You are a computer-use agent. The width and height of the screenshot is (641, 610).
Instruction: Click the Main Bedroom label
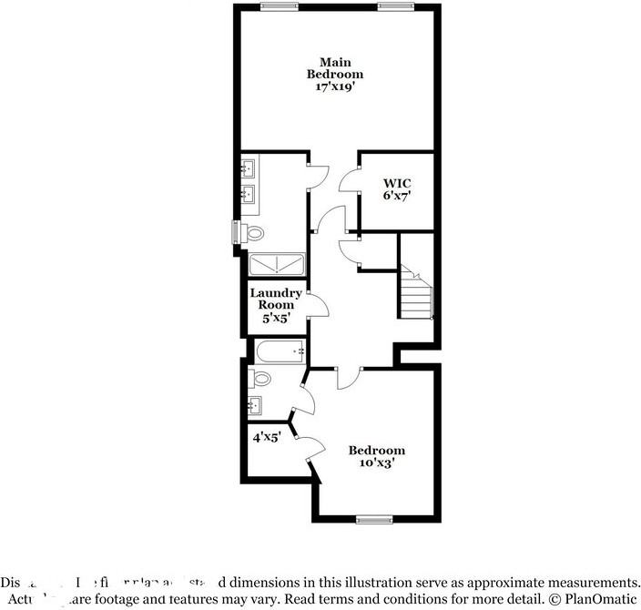[x=334, y=67]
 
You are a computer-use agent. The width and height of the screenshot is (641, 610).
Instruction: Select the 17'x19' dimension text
[x=334, y=87]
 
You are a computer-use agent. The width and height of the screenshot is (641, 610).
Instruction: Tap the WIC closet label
[x=397, y=183]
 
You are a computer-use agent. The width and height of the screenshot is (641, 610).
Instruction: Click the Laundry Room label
[x=276, y=299]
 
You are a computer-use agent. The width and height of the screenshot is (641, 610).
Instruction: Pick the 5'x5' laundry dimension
[x=276, y=320]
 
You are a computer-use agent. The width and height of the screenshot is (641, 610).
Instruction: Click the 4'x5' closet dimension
[x=267, y=437]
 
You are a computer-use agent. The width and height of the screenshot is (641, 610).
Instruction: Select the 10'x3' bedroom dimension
[x=376, y=463]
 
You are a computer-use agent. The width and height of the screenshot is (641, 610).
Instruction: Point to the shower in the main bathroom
[x=277, y=265]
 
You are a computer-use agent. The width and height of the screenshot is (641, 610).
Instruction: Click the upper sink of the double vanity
[x=248, y=169]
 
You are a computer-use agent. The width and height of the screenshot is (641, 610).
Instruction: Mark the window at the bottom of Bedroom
[x=372, y=520]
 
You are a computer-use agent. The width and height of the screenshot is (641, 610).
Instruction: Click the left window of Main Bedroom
[x=280, y=5]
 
